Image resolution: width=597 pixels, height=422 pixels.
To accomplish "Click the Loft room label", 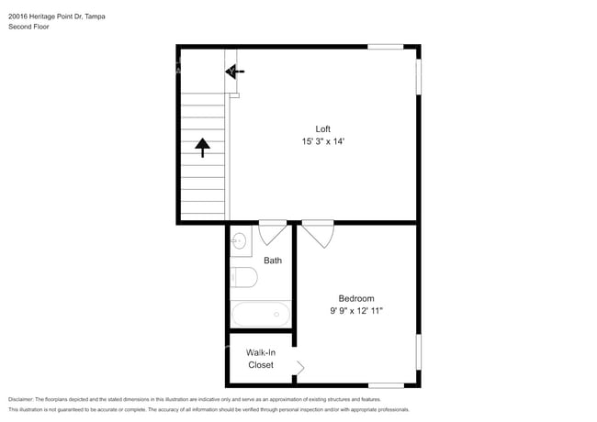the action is tap(322, 128).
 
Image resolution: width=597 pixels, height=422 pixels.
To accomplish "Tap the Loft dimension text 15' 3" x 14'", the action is tap(323, 141).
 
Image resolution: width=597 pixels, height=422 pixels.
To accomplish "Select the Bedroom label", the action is tap(356, 298).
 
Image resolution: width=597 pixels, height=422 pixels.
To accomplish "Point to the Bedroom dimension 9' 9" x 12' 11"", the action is tap(356, 311).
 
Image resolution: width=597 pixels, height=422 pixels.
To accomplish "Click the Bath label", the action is tap(273, 261).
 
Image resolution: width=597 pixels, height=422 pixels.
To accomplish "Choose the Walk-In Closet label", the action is tap(261, 359).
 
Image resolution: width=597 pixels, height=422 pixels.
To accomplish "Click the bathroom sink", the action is tap(240, 240).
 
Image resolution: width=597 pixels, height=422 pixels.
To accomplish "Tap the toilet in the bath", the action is tap(243, 277).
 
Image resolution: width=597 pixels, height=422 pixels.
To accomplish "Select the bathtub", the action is tap(261, 314).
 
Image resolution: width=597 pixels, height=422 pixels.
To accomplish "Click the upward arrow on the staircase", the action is tap(203, 148).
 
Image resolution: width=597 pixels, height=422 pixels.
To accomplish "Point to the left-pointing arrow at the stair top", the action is tap(234, 72).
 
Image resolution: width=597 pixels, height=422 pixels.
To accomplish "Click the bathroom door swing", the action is tap(273, 232).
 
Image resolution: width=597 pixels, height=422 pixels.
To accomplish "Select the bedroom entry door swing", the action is tap(318, 233).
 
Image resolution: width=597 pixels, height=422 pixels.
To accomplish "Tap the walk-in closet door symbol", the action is tap(299, 368).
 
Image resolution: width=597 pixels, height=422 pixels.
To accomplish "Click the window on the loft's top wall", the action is tap(386, 47).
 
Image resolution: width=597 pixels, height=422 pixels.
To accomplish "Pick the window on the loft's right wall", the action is tap(419, 77).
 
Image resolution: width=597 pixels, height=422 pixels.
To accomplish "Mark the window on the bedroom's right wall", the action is tap(419, 351).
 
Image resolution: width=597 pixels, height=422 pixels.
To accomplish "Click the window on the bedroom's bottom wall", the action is tap(386, 385).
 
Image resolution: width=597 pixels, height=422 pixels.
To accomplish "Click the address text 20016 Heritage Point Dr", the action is tap(45, 17).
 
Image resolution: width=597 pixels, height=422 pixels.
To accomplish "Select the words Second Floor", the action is tap(28, 27).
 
